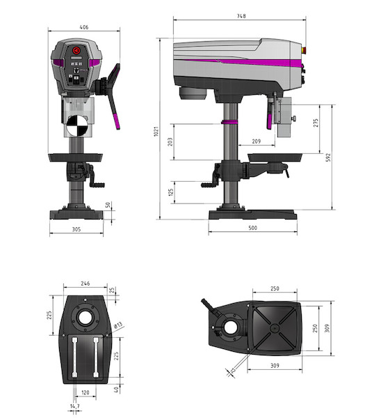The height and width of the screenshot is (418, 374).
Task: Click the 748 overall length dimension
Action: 241,16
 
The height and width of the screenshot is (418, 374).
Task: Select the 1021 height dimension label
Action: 156,132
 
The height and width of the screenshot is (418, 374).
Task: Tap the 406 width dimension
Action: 84,27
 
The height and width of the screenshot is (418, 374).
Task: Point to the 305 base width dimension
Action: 76,229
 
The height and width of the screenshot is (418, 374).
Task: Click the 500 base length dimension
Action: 253,228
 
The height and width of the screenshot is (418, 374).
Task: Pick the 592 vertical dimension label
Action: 329,157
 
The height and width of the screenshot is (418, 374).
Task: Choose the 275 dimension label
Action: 316,123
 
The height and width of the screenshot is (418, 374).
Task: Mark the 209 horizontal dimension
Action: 257,141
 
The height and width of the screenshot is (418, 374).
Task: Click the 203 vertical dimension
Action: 170,141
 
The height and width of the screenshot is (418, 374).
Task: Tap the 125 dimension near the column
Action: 171,192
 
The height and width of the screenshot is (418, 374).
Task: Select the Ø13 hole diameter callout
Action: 118,325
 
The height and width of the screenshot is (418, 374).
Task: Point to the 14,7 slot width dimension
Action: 75,406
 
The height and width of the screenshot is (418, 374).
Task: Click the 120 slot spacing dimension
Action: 86,392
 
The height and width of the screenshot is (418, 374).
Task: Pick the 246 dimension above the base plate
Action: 86,284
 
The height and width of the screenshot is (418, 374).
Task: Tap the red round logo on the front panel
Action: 76,50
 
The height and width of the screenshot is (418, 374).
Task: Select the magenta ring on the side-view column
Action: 229,122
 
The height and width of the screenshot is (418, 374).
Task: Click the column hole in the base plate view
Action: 85,317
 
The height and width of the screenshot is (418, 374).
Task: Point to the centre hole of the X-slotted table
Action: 275,328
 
